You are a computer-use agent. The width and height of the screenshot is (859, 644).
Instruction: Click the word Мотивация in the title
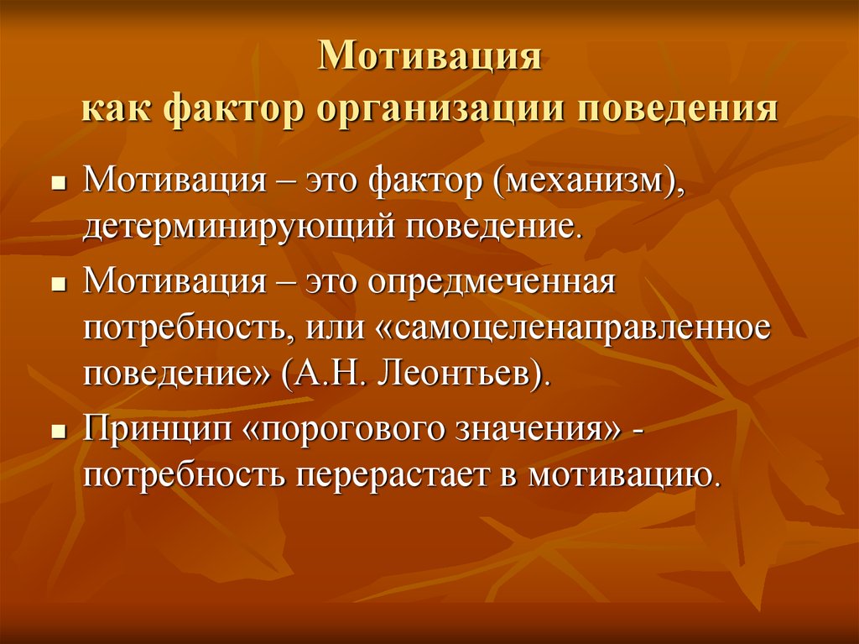[429, 56]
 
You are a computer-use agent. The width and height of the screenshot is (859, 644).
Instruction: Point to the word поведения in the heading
[678, 107]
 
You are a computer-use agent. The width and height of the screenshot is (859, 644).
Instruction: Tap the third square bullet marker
[58, 432]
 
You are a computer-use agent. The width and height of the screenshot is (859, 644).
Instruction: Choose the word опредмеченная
[492, 282]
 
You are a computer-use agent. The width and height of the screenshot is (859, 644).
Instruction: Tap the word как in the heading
[115, 108]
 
